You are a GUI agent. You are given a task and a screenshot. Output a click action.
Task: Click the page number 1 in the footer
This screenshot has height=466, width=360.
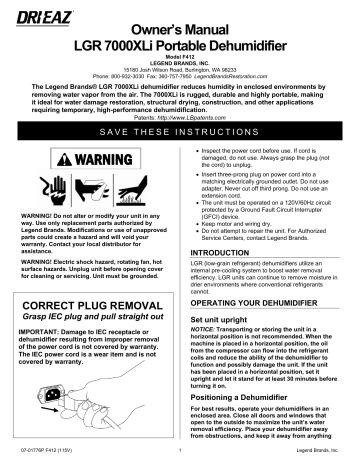click(180, 459)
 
